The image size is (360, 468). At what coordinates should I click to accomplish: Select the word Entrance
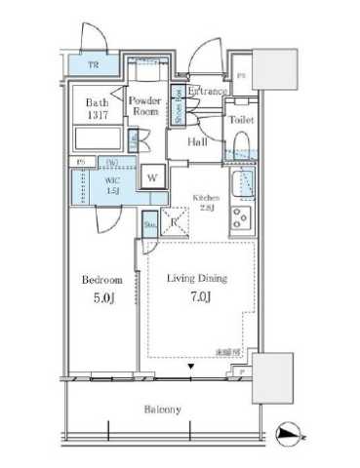tap(208, 91)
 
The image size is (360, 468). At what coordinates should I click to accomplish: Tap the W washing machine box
tap(154, 176)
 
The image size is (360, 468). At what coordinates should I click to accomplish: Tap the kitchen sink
tap(241, 183)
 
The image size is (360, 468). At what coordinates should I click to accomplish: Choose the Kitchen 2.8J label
tap(206, 201)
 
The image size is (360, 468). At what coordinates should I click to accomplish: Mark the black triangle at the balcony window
tap(192, 368)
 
